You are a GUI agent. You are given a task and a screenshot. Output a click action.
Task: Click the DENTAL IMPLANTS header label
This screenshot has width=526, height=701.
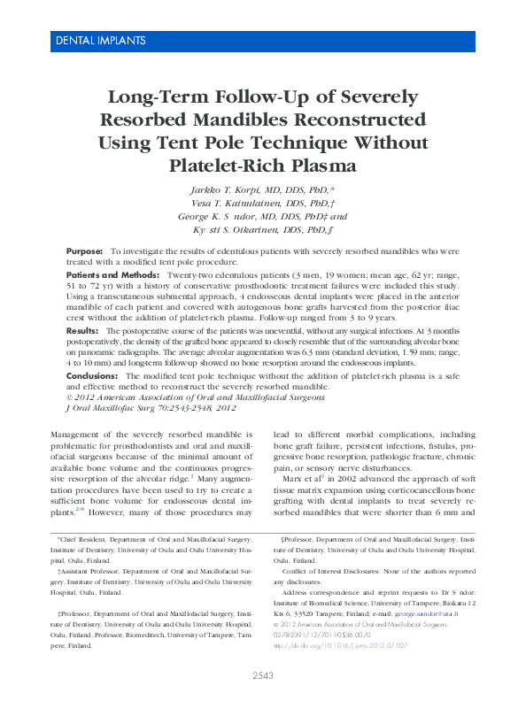click(100, 41)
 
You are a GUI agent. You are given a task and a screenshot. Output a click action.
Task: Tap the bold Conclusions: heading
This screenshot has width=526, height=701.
click(92, 376)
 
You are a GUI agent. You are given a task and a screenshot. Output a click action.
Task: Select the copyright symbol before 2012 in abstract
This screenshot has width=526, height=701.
click(71, 397)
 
